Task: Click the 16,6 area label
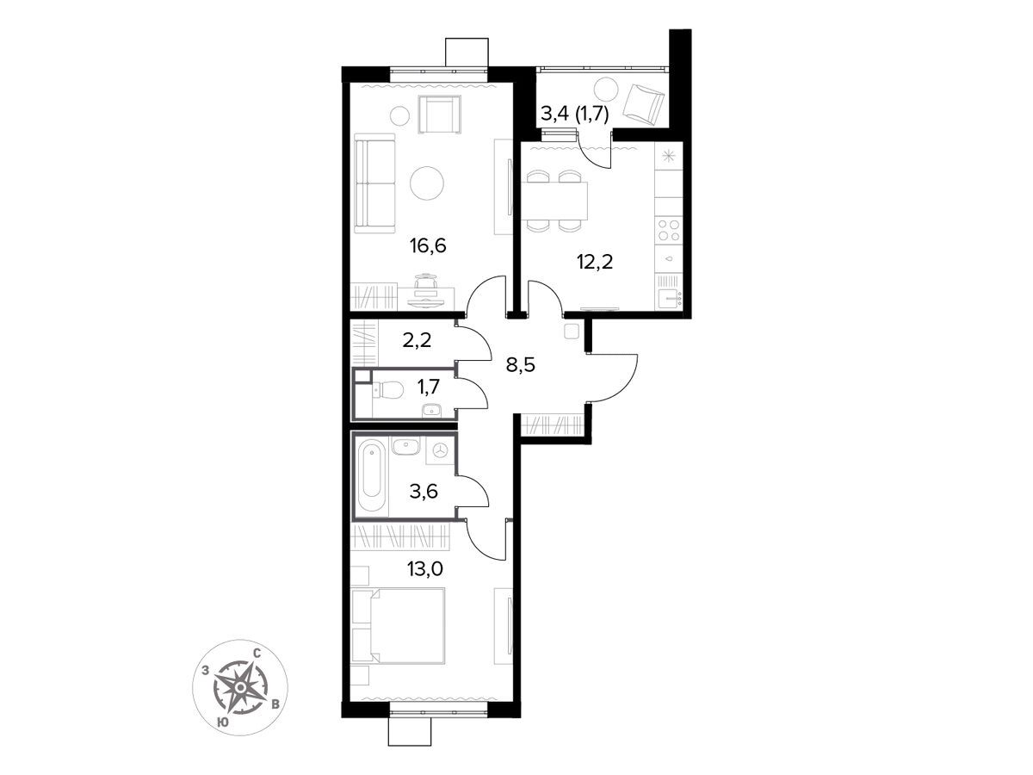pyautogui.click(x=428, y=245)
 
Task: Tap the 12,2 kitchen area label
pyautogui.click(x=595, y=262)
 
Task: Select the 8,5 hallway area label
pyautogui.click(x=521, y=364)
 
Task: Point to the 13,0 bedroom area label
pyautogui.click(x=425, y=569)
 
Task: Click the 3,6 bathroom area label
pyautogui.click(x=424, y=491)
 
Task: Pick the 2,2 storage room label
pyautogui.click(x=417, y=339)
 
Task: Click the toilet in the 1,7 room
pyautogui.click(x=387, y=389)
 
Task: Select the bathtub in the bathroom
pyautogui.click(x=371, y=474)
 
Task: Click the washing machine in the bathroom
pyautogui.click(x=441, y=450)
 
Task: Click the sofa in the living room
pyautogui.click(x=374, y=183)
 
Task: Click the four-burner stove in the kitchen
pyautogui.click(x=668, y=231)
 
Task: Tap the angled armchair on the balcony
pyautogui.click(x=643, y=106)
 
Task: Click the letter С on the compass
pyautogui.click(x=257, y=653)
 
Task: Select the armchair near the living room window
pyautogui.click(x=440, y=115)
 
